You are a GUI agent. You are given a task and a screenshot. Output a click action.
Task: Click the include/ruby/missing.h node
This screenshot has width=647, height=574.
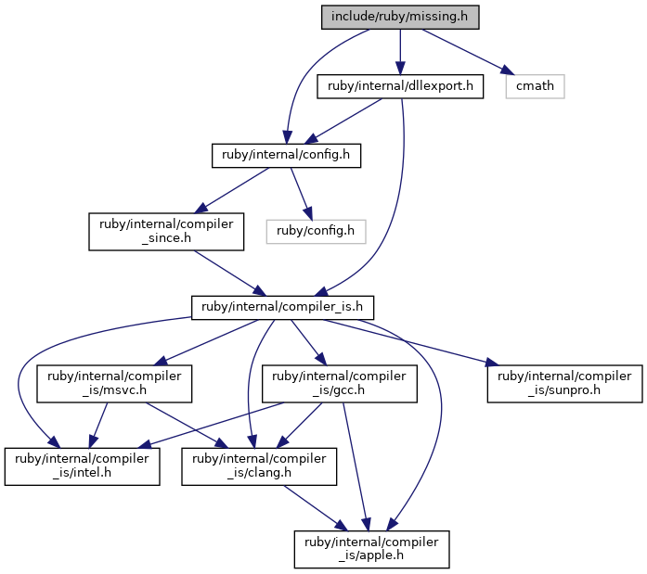point(400,17)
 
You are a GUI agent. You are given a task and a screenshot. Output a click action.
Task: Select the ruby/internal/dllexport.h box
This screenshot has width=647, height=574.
point(400,86)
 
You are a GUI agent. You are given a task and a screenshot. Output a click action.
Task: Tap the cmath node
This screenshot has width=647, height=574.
point(535,86)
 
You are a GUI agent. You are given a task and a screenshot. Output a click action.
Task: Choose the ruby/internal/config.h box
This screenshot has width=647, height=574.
point(286,156)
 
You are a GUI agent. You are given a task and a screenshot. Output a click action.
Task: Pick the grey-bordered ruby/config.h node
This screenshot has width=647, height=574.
point(316,231)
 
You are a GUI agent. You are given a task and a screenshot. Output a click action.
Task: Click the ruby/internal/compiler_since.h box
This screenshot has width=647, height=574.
point(166,231)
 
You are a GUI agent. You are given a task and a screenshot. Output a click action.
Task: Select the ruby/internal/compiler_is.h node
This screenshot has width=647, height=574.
point(282,307)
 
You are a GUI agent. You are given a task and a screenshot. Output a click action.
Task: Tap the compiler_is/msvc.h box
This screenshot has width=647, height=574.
point(114,383)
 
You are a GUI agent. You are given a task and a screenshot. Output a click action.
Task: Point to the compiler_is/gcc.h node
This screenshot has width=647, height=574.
point(339,383)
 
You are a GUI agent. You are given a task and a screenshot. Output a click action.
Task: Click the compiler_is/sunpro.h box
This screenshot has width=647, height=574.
point(564,383)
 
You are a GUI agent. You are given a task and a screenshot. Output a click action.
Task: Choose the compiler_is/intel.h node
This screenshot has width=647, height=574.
point(82,466)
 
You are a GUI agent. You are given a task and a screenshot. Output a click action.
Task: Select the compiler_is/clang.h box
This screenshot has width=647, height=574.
point(259,466)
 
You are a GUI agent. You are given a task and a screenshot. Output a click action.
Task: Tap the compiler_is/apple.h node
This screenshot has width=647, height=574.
point(371,549)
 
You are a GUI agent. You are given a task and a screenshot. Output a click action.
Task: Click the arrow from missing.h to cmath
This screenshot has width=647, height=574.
point(469,52)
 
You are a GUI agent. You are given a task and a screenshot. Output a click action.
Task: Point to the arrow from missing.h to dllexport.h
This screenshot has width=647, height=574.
point(400,52)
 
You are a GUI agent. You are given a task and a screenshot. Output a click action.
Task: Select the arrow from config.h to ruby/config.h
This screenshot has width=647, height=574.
point(301,194)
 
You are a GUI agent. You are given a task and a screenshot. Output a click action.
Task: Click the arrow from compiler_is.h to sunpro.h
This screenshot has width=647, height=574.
point(411,342)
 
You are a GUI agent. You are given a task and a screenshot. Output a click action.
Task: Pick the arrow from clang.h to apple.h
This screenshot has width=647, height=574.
point(316,508)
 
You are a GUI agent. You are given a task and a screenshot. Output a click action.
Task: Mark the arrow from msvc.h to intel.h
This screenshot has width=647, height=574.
point(98,426)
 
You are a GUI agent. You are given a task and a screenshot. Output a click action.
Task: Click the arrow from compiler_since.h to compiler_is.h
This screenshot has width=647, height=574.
point(230,274)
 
